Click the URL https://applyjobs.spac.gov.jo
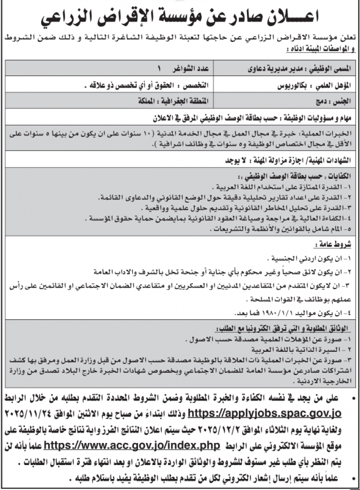pos(264,412)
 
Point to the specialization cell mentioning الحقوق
pos(148,85)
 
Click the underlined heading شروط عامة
pos(338,245)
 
